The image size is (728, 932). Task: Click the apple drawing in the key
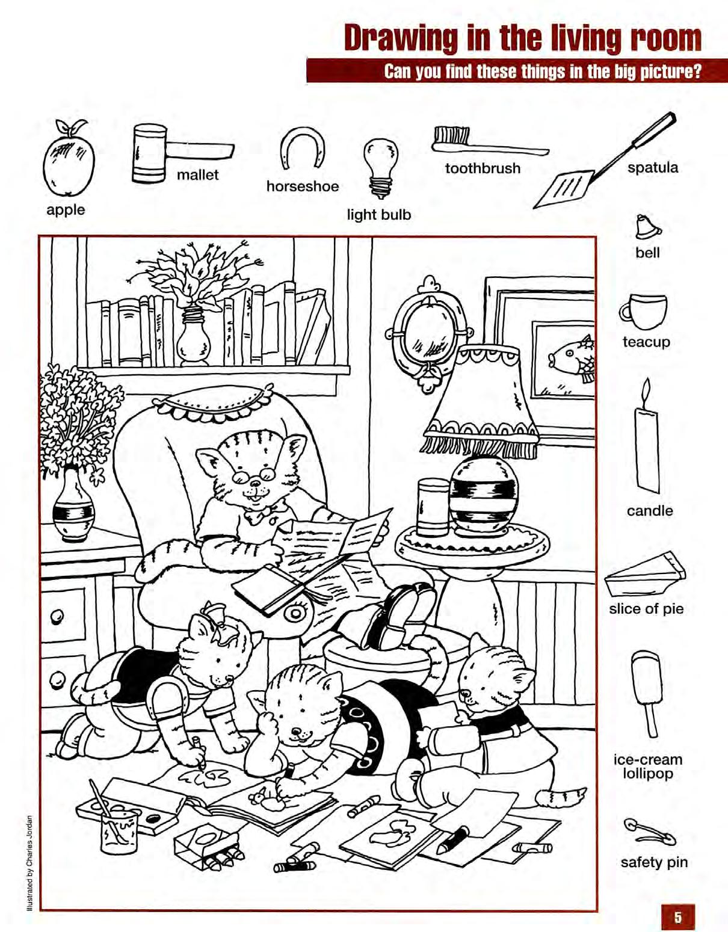pos(69,159)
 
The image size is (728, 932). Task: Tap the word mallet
pos(198,175)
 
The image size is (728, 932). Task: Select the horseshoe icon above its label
pos(303,148)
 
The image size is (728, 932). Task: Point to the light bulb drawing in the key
pos(381,167)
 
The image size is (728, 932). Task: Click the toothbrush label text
pos(483,168)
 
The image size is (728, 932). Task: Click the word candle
pos(650,511)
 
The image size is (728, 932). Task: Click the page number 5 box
pos(678,916)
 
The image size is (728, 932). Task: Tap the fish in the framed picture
pos(572,357)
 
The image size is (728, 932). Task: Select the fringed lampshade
pos(480,403)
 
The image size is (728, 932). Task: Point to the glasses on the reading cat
pos(254,474)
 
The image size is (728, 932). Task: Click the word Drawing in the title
pos(401,39)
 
